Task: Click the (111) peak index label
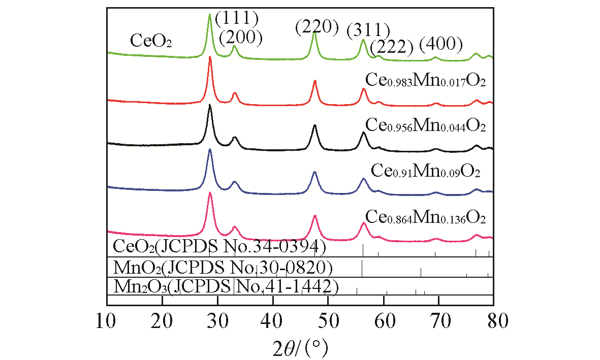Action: tap(237, 19)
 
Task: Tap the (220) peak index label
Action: tap(317, 27)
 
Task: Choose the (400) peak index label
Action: tap(441, 46)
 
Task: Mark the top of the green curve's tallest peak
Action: tap(209, 14)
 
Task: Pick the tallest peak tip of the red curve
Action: tap(210, 57)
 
